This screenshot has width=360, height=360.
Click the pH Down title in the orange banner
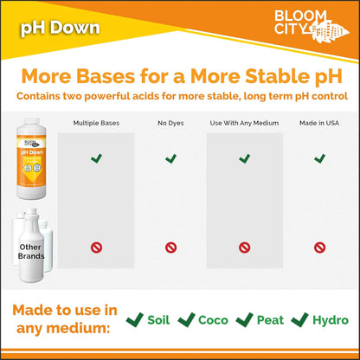pyautogui.click(x=61, y=29)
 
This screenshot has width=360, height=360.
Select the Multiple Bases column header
pyautogui.click(x=97, y=123)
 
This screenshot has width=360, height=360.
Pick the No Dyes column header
pyautogui.click(x=170, y=123)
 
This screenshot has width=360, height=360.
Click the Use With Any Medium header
pyautogui.click(x=245, y=123)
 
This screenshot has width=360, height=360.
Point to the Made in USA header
pyautogui.click(x=319, y=123)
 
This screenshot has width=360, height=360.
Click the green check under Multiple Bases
pyautogui.click(x=97, y=158)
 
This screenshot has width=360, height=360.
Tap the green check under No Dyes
pyautogui.click(x=170, y=158)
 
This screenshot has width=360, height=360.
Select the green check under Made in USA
pyautogui.click(x=319, y=158)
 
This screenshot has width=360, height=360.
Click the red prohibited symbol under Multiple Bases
pyautogui.click(x=97, y=247)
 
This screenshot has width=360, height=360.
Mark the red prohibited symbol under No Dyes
pyautogui.click(x=170, y=247)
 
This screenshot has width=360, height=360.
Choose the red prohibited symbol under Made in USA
pyautogui.click(x=319, y=247)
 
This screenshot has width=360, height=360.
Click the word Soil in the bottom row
pyautogui.click(x=157, y=320)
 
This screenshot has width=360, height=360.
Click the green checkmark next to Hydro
pyautogui.click(x=299, y=319)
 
